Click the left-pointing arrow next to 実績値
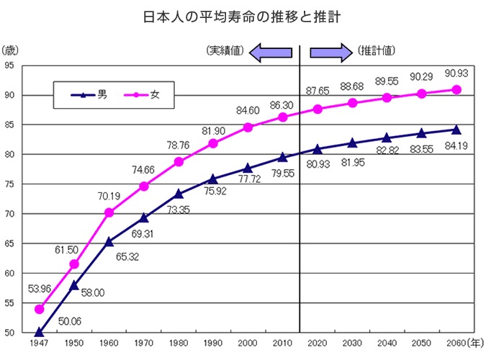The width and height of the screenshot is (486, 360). pos(271,51)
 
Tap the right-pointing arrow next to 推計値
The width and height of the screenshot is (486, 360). pos(330,51)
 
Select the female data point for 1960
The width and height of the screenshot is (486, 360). pos(109,212)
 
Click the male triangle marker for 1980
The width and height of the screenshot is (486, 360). pos(179,194)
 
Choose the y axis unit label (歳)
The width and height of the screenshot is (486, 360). pos(12,50)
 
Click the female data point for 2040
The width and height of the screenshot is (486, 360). pos(387,98)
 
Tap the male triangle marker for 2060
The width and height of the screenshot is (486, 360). pos(456,130)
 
